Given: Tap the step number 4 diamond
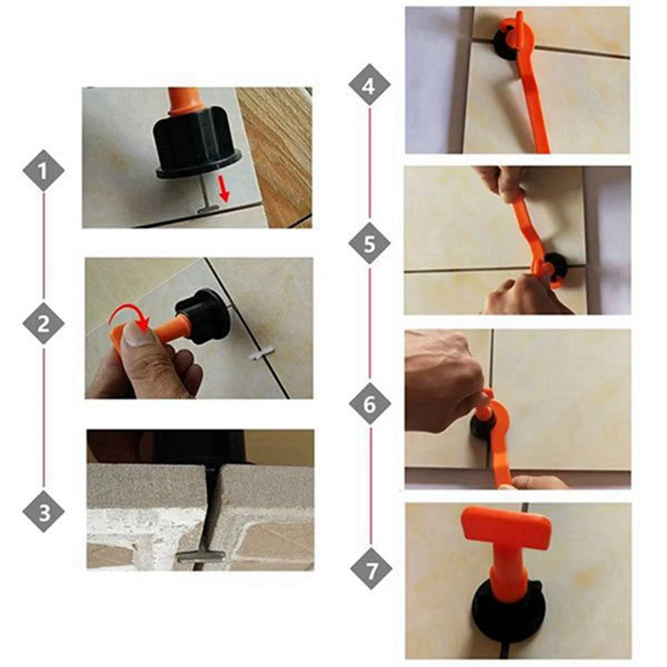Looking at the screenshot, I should (x=370, y=86).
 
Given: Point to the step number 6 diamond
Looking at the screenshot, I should (x=370, y=405).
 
